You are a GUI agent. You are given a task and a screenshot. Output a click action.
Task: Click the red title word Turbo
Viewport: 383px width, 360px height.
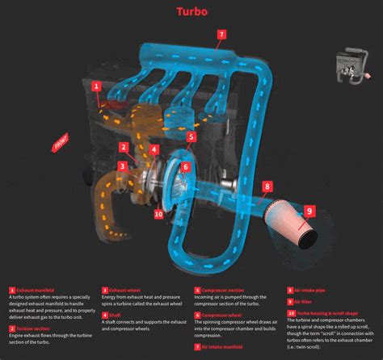point(191,12)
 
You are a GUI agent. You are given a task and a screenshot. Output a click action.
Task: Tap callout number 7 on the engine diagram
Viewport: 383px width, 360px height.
point(221,35)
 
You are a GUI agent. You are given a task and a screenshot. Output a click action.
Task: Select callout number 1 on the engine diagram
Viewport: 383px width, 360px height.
point(95,86)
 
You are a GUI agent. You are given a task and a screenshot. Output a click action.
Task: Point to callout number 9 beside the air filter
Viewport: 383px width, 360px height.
point(309,211)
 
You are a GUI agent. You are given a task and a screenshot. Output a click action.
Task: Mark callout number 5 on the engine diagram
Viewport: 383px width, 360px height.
point(191,137)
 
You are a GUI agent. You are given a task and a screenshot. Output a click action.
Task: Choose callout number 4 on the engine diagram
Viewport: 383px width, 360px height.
point(154,150)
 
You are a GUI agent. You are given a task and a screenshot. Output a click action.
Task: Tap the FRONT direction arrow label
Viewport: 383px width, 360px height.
point(61,145)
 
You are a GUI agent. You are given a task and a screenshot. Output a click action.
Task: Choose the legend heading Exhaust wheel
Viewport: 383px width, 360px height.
point(125,289)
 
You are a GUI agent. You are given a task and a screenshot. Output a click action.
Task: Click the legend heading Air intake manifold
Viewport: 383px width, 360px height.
point(224,345)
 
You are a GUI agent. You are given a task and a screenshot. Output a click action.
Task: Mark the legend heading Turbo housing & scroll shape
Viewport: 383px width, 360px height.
point(327,312)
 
